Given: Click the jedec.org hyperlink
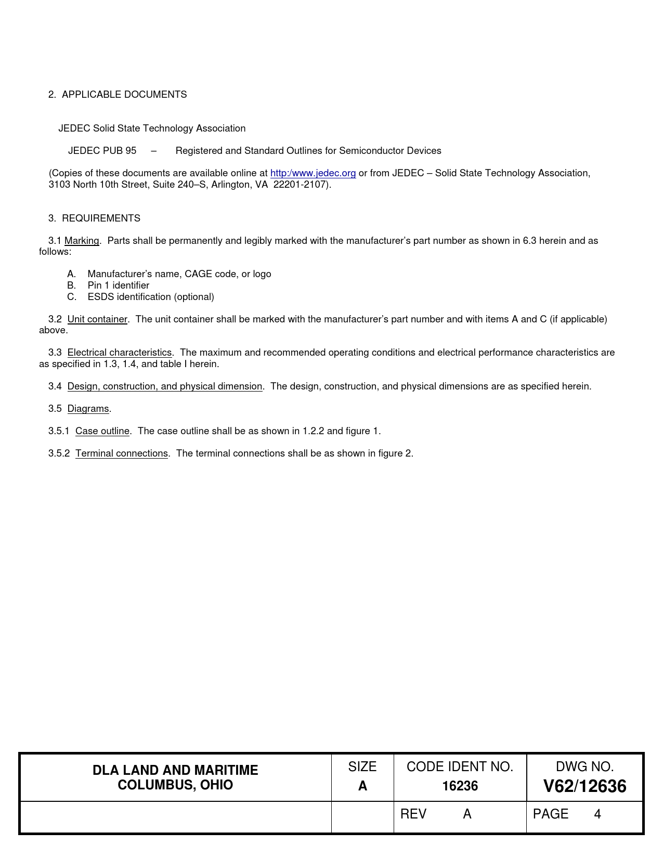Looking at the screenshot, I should point(313,173).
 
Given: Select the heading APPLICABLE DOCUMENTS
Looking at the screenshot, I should point(124,95).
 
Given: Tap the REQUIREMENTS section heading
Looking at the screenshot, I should point(101,218).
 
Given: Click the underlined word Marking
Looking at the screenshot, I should point(82,241).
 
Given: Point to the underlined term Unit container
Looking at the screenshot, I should point(97,319).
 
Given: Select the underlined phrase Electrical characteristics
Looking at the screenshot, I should point(120,353).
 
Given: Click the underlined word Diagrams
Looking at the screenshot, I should point(88,409).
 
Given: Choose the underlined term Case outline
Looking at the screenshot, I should point(102,431).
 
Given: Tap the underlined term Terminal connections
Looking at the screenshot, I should point(122,453).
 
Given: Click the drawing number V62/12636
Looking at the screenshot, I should point(584,786).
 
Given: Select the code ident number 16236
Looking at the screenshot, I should point(460,786).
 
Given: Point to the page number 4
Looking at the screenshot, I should point(597,814).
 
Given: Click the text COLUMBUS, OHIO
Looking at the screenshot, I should point(175,785).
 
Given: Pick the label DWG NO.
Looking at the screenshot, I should point(584,767).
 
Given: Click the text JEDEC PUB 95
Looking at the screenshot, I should point(102,151).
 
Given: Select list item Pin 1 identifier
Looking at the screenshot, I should point(119,285).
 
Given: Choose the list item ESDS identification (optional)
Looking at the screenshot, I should point(151,297).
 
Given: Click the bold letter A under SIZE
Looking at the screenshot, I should point(362,786).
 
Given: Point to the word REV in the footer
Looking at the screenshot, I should point(413,814).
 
